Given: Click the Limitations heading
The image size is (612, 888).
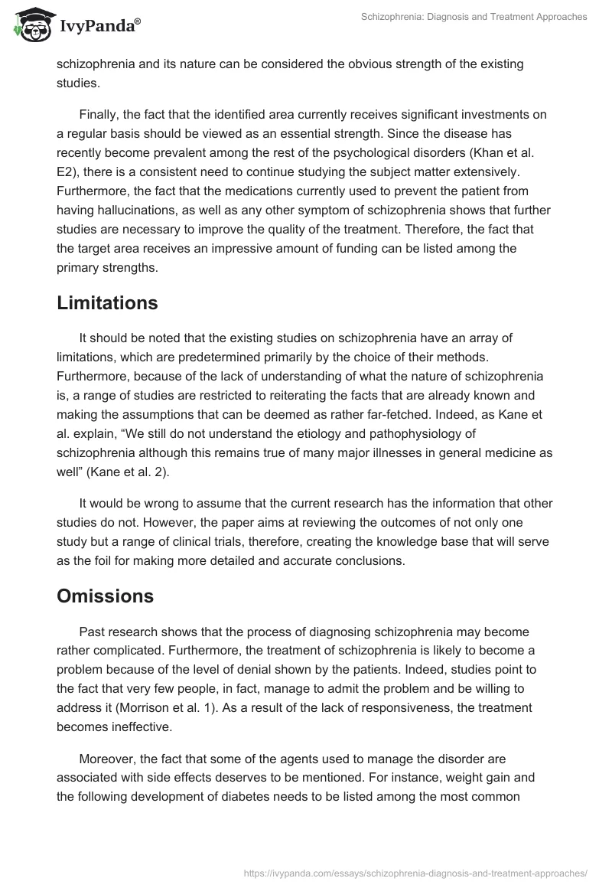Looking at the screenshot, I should (107, 303).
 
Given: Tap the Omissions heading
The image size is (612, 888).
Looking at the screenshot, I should (106, 596).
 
